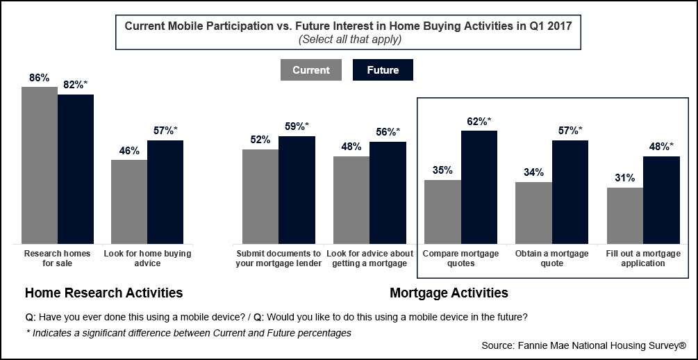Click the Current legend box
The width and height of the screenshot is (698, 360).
[x=310, y=70]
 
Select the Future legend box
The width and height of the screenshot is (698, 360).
[x=383, y=70]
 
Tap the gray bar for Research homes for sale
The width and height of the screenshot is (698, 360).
[x=40, y=165]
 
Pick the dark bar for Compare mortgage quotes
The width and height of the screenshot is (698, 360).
[x=479, y=187]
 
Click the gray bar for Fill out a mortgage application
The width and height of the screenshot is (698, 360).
[x=625, y=215]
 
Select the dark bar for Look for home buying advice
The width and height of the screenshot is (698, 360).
[x=165, y=192]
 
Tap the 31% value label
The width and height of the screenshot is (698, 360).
[x=624, y=178]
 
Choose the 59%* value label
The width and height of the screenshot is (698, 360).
[x=297, y=126]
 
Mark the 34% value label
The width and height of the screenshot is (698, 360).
[x=533, y=172]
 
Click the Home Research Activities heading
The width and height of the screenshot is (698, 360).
[x=103, y=293]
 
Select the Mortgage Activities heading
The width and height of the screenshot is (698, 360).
[x=449, y=293]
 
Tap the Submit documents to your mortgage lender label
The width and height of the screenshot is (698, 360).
[x=279, y=259]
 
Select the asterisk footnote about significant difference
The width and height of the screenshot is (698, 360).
[x=188, y=333]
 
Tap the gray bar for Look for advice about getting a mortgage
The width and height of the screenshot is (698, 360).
[x=351, y=200]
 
